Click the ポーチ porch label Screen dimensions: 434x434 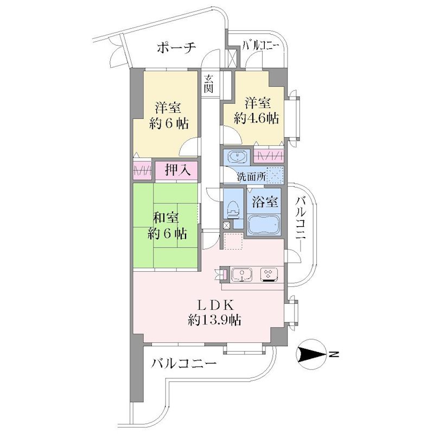pyautogui.click(x=176, y=48)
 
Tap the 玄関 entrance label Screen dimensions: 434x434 pyautogui.click(x=209, y=84)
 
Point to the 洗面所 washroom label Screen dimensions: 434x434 pyautogui.click(x=251, y=177)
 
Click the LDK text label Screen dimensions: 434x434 pyautogui.click(x=215, y=305)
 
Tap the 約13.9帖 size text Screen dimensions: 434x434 pyautogui.click(x=214, y=320)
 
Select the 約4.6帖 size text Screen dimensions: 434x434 pyautogui.click(x=256, y=118)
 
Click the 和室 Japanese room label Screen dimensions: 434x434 pyautogui.click(x=166, y=218)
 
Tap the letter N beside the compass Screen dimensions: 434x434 pyautogui.click(x=334, y=355)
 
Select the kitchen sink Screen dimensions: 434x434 pyautogui.click(x=241, y=275)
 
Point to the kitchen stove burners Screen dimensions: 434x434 pyautogui.click(x=268, y=275)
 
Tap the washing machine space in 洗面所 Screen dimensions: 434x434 pyautogui.click(x=275, y=175)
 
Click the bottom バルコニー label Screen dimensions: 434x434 pyautogui.click(x=184, y=363)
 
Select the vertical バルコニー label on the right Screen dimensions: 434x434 pyautogui.click(x=301, y=224)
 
